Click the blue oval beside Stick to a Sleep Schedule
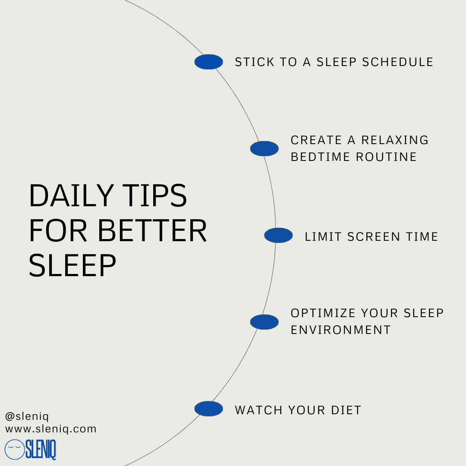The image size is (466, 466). click(x=209, y=62)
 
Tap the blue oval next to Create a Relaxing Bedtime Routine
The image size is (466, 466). click(x=264, y=148)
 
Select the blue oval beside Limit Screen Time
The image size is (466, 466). click(x=278, y=236)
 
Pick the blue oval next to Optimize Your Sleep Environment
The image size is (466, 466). click(x=264, y=322)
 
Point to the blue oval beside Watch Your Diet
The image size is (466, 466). click(x=209, y=409)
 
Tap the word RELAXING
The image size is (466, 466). click(x=395, y=140)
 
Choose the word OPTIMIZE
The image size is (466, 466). click(x=323, y=313)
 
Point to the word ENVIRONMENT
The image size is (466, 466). click(x=340, y=330)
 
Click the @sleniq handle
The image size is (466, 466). click(x=27, y=417)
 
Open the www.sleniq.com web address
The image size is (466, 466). click(x=51, y=429)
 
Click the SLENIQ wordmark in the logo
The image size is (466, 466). click(x=41, y=450)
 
